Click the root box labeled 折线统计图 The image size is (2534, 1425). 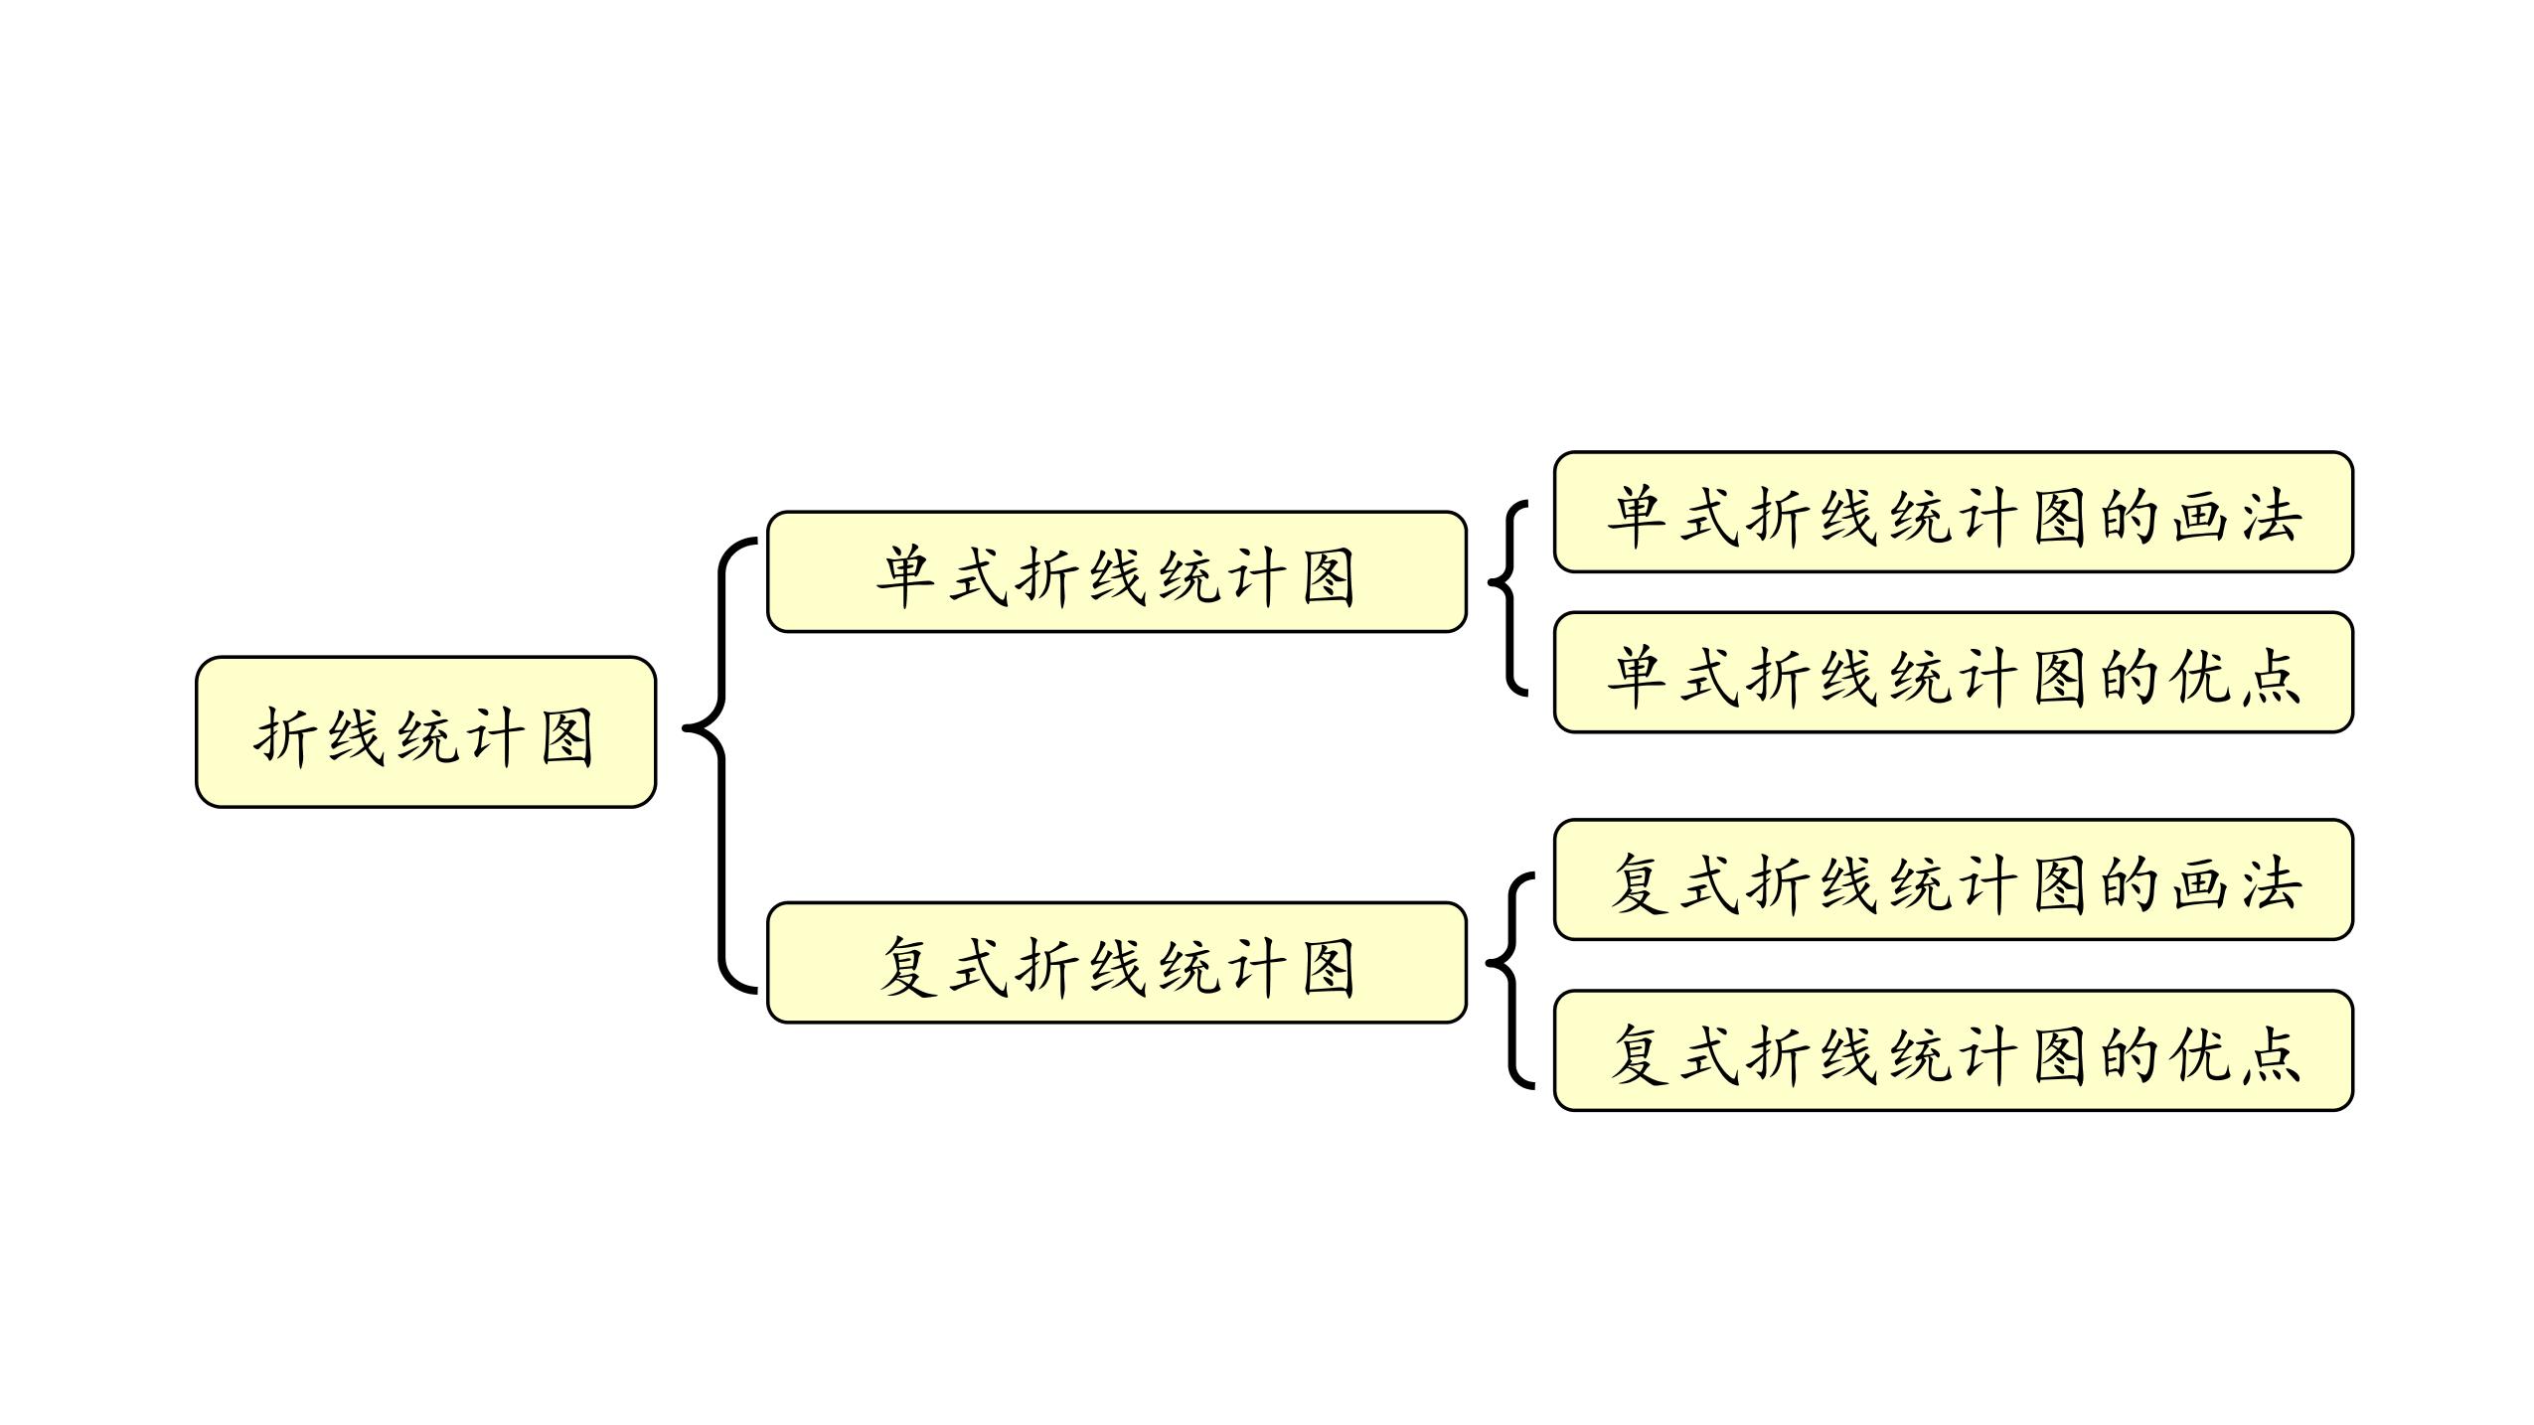tap(425, 731)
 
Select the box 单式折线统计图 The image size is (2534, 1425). tap(1116, 571)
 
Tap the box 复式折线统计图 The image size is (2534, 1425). tap(1116, 962)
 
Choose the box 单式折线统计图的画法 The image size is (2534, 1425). tap(1953, 512)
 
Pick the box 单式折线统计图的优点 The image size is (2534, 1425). tap(1953, 672)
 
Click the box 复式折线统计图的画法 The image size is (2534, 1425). tap(1953, 879)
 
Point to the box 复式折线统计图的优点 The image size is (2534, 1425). tap(1953, 1049)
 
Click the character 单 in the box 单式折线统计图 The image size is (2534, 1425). tap(905, 576)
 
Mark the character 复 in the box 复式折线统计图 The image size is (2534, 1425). tap(908, 967)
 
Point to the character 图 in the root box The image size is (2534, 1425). tap(566, 736)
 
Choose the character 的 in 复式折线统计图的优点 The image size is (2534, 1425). tap(2128, 1054)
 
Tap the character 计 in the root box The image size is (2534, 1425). tap(494, 736)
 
